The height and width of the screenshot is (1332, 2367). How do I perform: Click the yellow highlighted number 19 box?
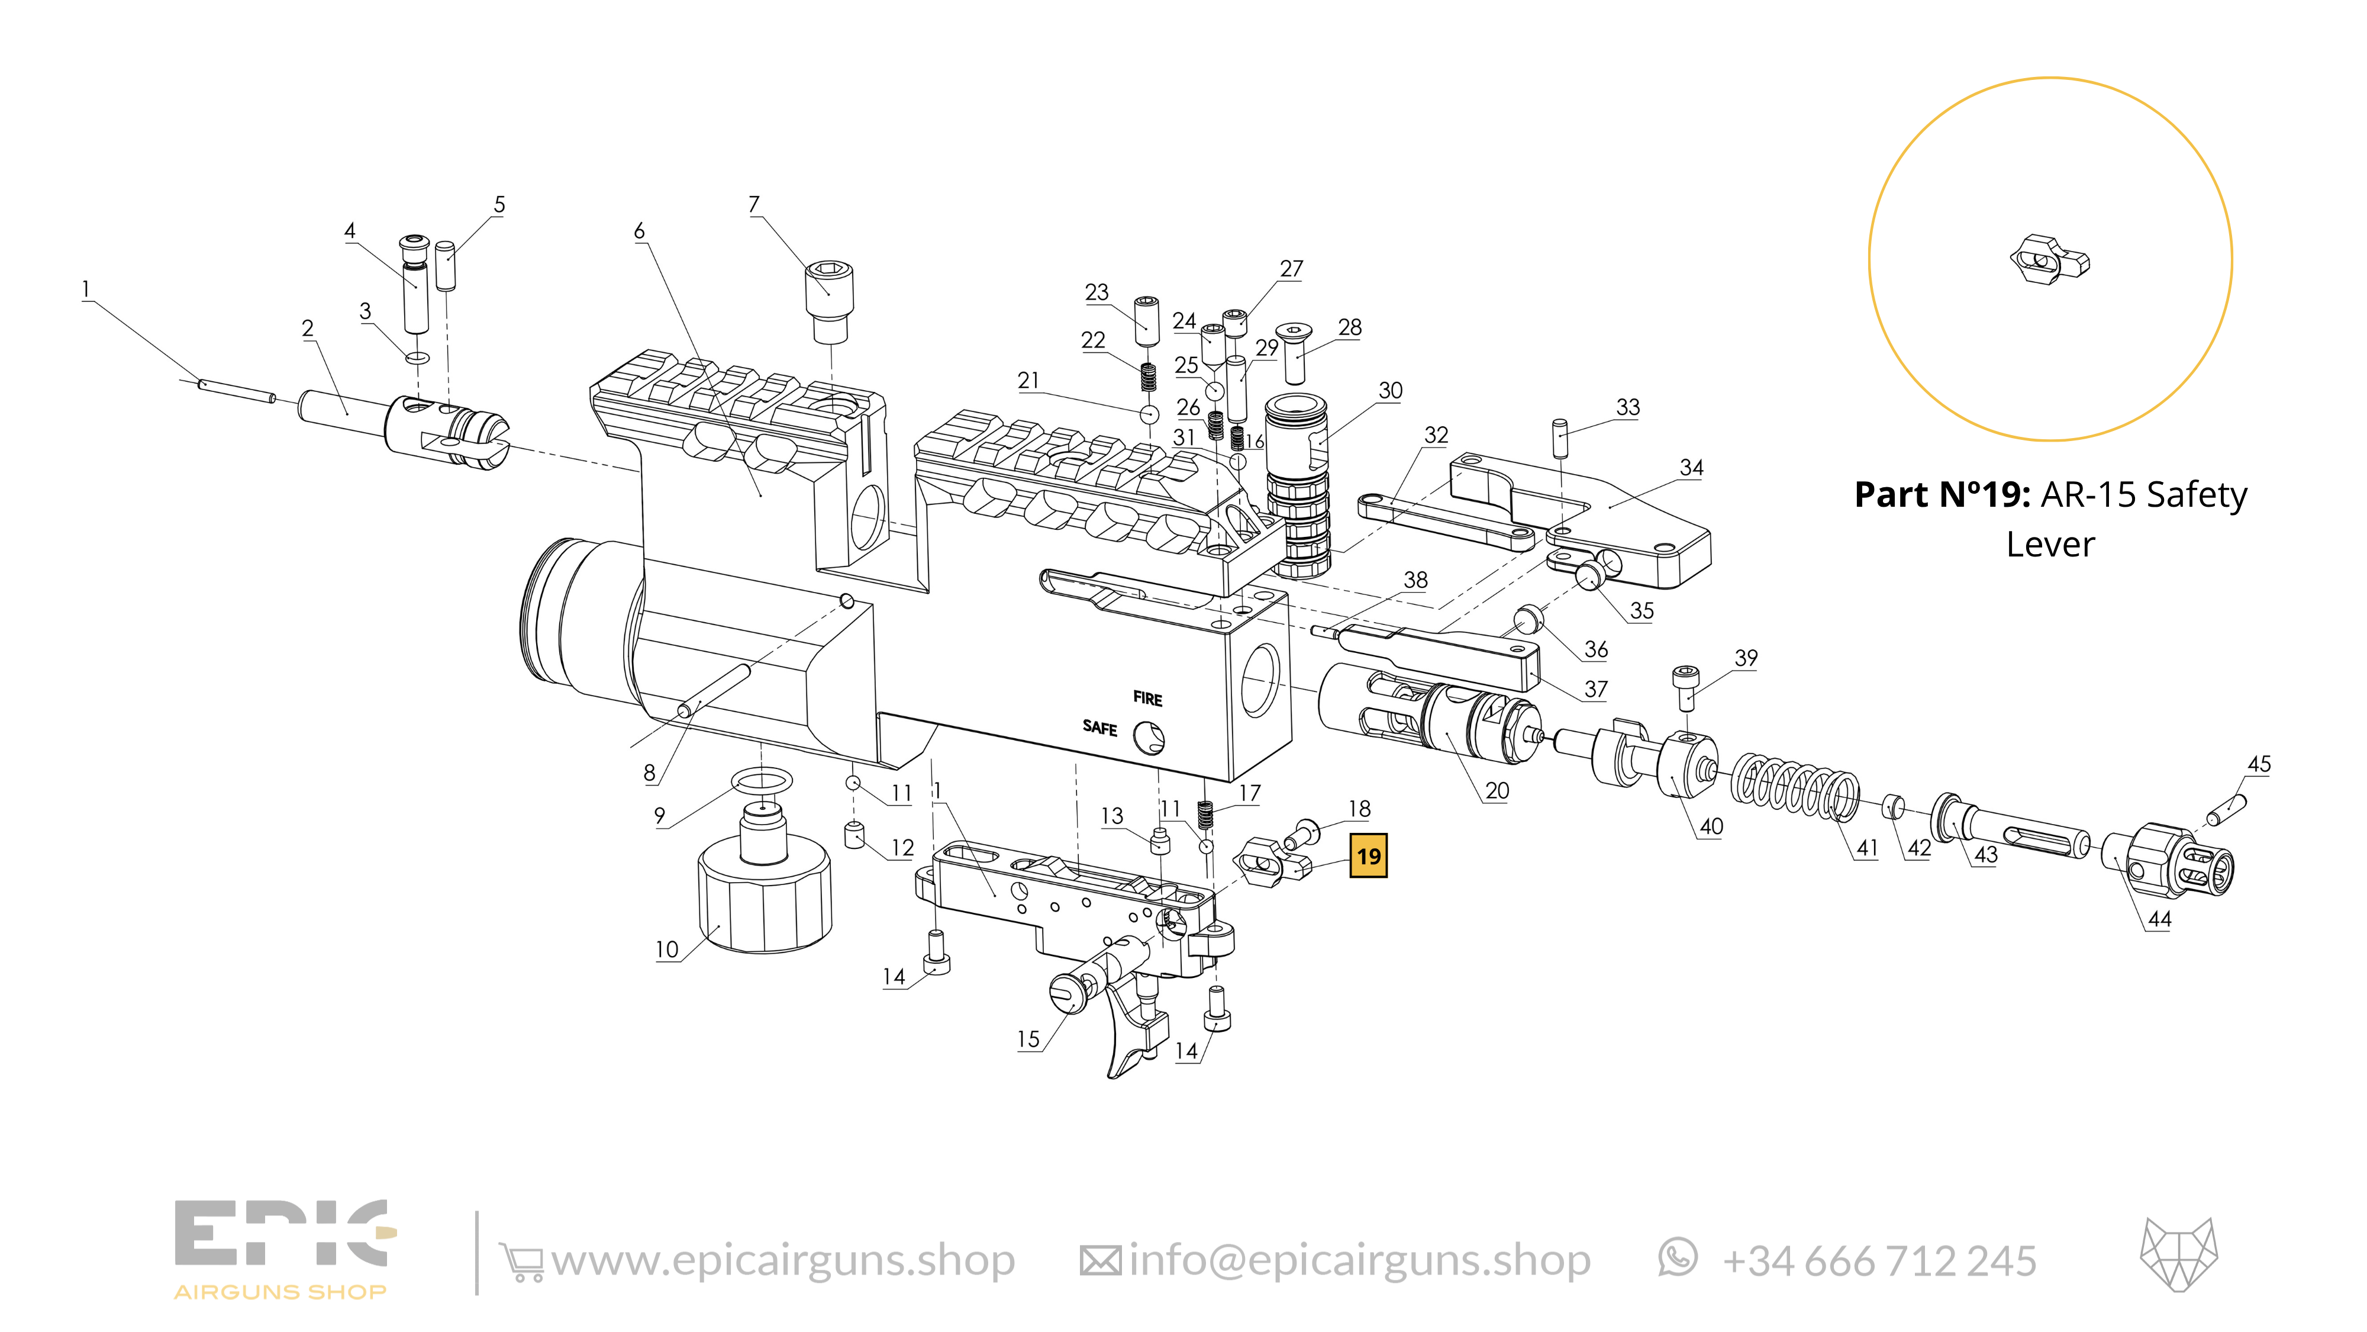click(1368, 857)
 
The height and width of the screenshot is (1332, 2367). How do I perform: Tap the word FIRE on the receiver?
click(1147, 699)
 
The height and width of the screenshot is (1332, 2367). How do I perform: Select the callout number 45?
click(2259, 764)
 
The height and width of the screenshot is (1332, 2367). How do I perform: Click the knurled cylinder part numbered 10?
click(765, 901)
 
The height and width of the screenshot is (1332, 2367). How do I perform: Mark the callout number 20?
click(1497, 790)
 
